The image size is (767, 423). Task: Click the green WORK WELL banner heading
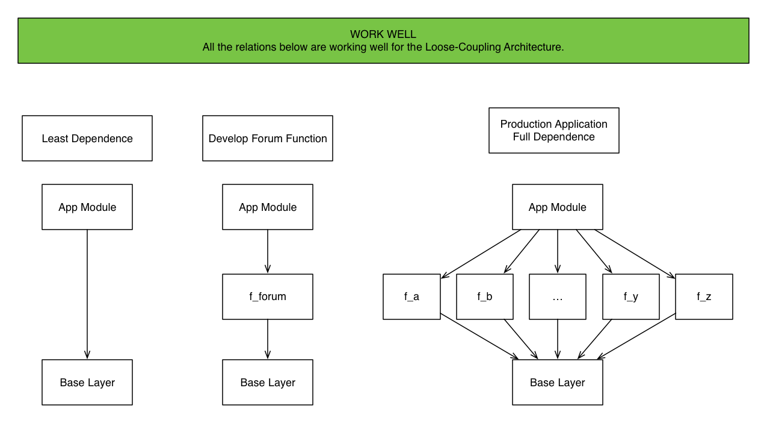pyautogui.click(x=383, y=40)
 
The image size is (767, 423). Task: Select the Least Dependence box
pyautogui.click(x=87, y=139)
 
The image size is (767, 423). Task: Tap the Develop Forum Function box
pyautogui.click(x=268, y=139)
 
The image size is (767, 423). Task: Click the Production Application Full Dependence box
pyautogui.click(x=554, y=131)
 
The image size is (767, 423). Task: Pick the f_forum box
pyautogui.click(x=268, y=296)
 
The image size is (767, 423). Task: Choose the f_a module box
pyautogui.click(x=411, y=296)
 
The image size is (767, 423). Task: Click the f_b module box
pyautogui.click(x=485, y=296)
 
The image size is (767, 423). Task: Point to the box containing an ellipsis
pyautogui.click(x=558, y=296)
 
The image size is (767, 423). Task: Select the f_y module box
pyautogui.click(x=631, y=296)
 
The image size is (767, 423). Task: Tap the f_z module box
pyautogui.click(x=704, y=296)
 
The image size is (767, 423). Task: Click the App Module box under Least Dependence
pyautogui.click(x=87, y=207)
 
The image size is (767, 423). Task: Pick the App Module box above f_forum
pyautogui.click(x=268, y=207)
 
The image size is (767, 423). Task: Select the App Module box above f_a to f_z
pyautogui.click(x=558, y=207)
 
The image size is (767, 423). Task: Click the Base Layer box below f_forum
pyautogui.click(x=268, y=383)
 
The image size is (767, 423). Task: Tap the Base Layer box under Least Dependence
pyautogui.click(x=87, y=383)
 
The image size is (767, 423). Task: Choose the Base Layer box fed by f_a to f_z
pyautogui.click(x=558, y=383)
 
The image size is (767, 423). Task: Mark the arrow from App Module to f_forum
pyautogui.click(x=268, y=252)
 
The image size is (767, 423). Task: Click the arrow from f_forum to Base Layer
pyautogui.click(x=268, y=339)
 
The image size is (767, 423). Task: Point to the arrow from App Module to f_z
pyautogui.click(x=635, y=254)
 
